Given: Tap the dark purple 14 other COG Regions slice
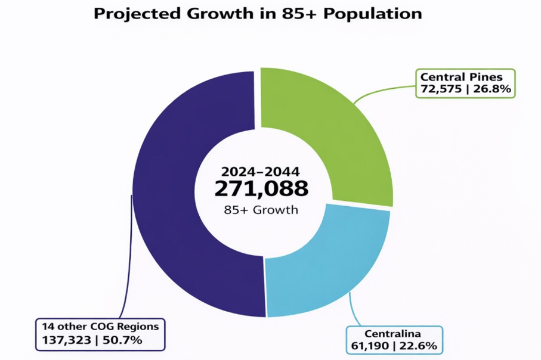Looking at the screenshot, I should pos(179,197).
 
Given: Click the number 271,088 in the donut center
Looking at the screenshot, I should pos(261,189).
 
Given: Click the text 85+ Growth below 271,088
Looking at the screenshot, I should pos(261,210).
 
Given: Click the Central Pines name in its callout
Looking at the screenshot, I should pos(461,77).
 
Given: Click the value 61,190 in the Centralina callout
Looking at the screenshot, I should pos(368,346).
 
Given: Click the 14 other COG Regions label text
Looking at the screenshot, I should pos(100,326).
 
